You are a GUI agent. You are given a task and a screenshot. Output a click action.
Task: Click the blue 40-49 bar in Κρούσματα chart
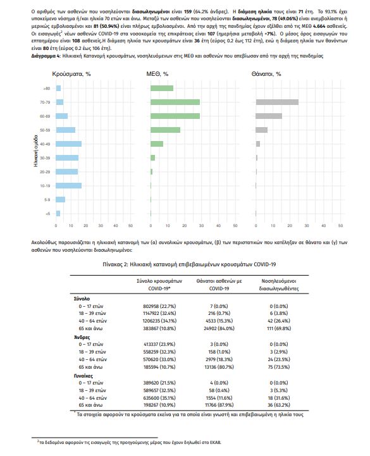69,144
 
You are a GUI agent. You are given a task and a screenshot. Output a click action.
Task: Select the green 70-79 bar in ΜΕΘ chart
175,102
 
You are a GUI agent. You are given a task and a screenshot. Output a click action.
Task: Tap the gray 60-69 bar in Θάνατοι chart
269,116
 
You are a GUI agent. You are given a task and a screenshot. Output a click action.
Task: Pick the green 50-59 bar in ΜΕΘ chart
165,130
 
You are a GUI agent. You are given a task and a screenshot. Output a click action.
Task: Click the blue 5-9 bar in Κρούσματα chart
61,199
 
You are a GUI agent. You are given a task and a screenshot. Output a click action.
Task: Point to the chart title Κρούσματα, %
71,74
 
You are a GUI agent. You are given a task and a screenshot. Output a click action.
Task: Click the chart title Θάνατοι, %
266,74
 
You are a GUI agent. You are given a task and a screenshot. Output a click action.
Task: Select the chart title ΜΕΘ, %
157,74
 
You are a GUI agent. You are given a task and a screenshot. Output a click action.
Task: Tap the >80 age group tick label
47,89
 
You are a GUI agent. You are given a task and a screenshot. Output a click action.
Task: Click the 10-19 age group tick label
45,186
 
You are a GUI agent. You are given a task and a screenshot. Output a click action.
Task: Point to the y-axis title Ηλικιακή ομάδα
36,151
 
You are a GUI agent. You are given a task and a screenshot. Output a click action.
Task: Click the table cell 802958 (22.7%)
159,306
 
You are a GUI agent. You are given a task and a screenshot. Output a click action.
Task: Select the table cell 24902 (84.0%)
219,328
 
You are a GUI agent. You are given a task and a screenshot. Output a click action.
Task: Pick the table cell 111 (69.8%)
279,328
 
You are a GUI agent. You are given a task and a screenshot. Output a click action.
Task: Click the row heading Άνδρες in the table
82,337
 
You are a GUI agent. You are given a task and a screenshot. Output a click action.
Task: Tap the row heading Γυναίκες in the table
83,376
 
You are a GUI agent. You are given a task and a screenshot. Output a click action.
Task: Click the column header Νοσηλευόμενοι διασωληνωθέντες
279,285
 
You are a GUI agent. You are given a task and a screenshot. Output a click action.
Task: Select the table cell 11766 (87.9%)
219,405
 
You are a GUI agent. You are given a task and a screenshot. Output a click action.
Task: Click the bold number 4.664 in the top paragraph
320,26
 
